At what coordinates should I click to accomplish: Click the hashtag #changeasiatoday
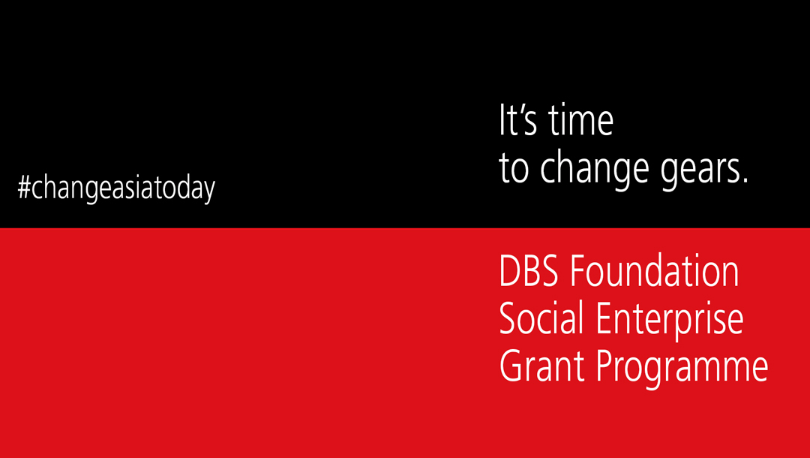pos(116,188)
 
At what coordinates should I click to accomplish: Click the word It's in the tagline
pos(517,120)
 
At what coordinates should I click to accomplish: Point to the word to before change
pos(514,168)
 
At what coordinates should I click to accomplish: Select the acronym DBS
pos(529,271)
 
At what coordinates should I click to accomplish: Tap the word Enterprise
pos(670,321)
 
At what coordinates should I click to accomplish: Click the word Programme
pos(682,368)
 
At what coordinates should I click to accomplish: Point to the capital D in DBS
pos(509,271)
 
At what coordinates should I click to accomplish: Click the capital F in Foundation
pos(578,271)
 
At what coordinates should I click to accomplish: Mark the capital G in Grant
pos(511,366)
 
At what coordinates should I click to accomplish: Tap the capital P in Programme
pos(606,366)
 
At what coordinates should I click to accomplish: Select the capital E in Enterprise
pos(605,318)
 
